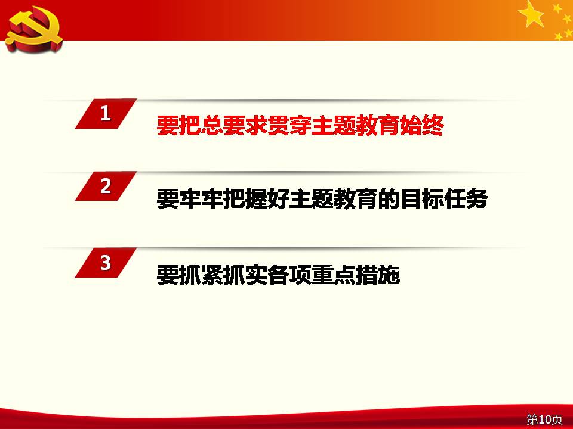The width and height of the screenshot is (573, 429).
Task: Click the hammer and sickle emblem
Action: [34, 30]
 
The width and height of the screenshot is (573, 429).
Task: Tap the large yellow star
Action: [532, 14]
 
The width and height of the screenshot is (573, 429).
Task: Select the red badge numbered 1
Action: [106, 113]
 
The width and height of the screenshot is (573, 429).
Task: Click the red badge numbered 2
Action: [106, 186]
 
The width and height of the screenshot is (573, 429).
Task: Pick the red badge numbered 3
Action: [106, 263]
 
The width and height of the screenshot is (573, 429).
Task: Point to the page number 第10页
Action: [544, 419]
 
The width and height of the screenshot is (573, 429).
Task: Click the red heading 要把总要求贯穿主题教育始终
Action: [300, 126]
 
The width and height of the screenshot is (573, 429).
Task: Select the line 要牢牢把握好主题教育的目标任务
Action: [322, 198]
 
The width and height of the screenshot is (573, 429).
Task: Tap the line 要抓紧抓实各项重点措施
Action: [278, 275]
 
